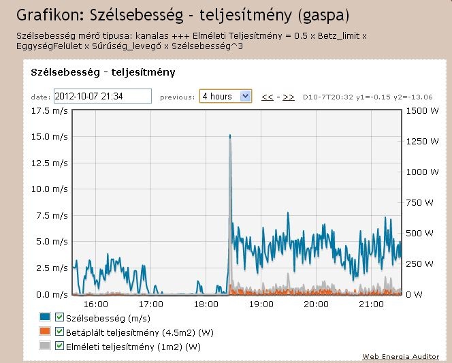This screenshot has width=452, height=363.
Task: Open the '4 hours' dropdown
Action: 225,97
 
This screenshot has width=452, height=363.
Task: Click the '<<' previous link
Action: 268,97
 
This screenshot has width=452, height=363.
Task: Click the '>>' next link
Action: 289,97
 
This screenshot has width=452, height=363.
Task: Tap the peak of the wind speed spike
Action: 230,136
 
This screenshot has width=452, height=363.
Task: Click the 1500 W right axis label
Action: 421,110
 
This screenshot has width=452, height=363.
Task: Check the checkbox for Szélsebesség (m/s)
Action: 59,317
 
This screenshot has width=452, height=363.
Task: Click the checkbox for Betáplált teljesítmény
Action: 59,332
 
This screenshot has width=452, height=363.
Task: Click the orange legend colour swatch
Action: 45,332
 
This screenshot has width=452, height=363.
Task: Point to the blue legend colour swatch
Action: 45,317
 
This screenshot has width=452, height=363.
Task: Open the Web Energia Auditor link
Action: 400,357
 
